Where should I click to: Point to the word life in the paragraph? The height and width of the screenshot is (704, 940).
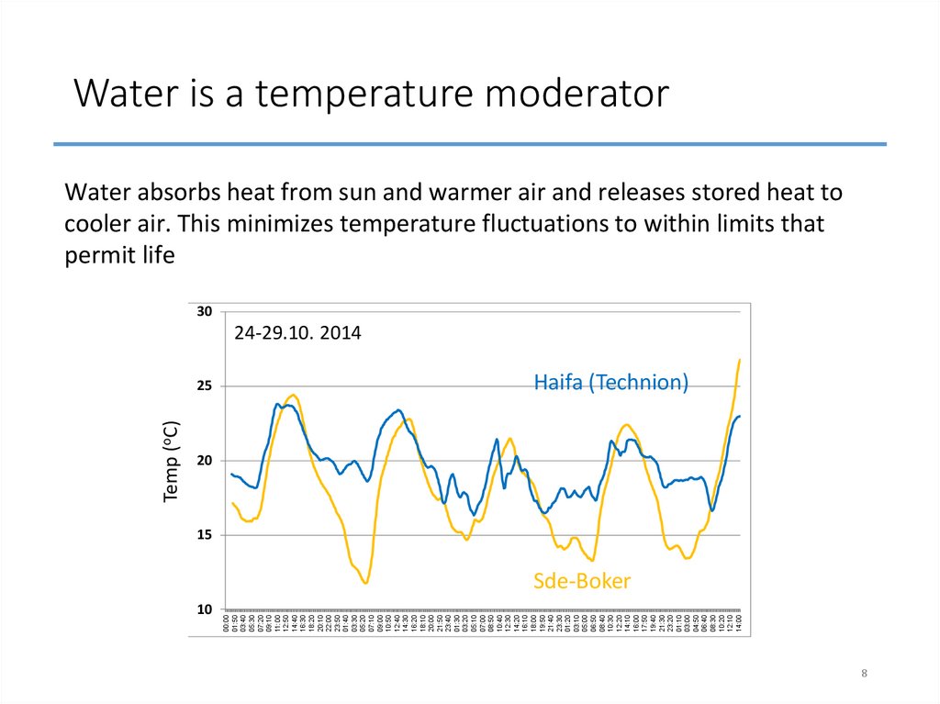[155, 256]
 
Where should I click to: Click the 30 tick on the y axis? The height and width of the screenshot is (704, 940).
[204, 312]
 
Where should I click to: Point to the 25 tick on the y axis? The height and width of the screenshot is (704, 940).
[204, 386]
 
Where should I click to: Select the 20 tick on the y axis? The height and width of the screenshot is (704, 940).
[204, 461]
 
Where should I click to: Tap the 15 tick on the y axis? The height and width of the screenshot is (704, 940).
[204, 535]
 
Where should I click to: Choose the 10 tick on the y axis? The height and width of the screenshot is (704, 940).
[204, 609]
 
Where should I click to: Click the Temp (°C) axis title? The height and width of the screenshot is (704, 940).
[172, 461]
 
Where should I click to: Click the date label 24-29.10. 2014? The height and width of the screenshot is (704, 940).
[297, 334]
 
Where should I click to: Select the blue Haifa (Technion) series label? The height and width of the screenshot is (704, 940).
[610, 383]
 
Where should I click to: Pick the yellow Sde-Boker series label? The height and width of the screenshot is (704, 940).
[582, 581]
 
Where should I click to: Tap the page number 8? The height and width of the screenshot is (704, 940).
[864, 675]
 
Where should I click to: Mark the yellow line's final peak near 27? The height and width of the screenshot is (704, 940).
[739, 360]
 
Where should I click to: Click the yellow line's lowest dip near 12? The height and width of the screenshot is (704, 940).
[365, 583]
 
